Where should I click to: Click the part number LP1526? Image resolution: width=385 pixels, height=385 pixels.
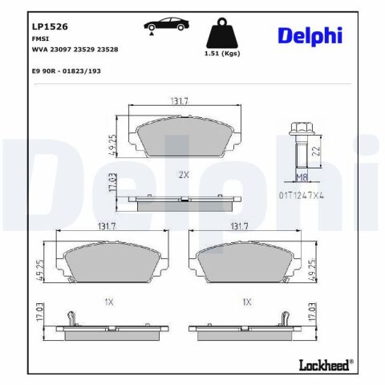(x=50, y=26)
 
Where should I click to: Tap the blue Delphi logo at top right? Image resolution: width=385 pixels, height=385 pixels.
(x=310, y=36)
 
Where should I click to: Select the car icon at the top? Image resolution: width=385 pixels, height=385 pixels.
(x=167, y=25)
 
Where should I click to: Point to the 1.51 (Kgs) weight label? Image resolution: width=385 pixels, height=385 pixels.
(x=222, y=54)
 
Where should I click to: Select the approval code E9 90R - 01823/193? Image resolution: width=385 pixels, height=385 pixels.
(x=67, y=71)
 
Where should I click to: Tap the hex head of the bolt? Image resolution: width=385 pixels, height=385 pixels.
(x=302, y=128)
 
